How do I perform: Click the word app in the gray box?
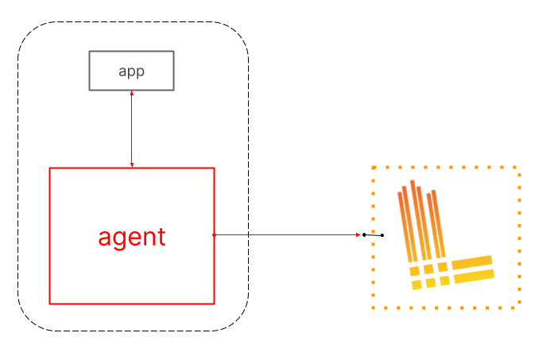pos(131,71)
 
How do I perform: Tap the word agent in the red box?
pos(132,237)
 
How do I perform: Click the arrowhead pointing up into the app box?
pos(131,93)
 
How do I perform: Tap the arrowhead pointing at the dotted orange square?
pos(358,234)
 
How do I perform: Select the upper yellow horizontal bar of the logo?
pos(472,261)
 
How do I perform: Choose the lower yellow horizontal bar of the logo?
pos(474,275)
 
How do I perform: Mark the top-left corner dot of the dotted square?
pos(374,168)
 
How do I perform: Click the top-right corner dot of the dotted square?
pos(517,168)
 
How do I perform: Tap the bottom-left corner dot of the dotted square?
pos(374,307)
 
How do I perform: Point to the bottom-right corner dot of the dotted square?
pos(517,307)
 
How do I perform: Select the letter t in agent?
pos(161,237)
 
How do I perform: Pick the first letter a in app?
pos(122,72)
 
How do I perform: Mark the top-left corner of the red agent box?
pos(50,168)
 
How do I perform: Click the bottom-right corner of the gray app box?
pos(172,89)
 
